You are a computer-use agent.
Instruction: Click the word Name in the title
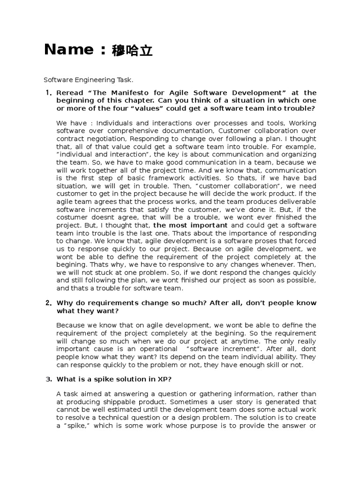69,50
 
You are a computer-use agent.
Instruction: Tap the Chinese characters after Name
132,51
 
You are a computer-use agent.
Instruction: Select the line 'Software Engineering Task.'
89,80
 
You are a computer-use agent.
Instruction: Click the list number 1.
48,93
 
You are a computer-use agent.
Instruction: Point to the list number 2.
48,303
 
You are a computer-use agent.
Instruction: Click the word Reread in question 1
70,93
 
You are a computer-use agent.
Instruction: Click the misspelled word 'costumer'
72,217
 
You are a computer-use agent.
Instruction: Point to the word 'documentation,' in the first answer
193,131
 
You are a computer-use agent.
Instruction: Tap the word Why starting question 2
64,303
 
